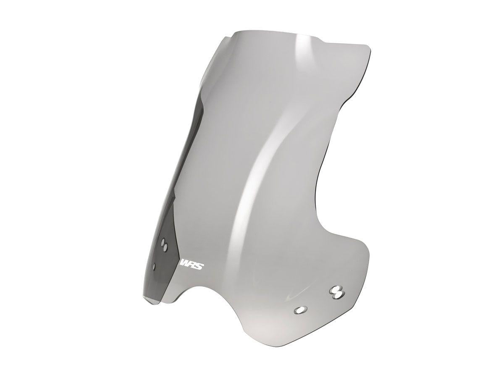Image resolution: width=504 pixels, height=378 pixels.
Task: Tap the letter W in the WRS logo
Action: tap(184, 264)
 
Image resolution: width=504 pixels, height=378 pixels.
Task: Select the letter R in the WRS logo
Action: tap(191, 264)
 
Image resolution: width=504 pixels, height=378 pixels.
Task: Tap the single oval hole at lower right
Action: tap(300, 310)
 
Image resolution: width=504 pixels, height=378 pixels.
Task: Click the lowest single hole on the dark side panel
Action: tap(155, 266)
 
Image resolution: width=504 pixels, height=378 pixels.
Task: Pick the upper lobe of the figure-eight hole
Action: tap(336, 289)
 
